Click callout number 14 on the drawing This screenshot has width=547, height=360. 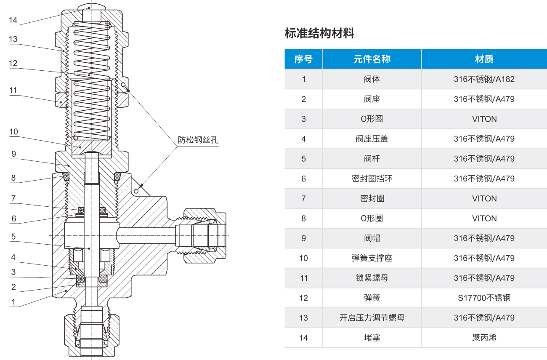13,20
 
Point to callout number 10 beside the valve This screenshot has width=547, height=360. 13,132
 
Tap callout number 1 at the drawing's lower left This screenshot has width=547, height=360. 13,302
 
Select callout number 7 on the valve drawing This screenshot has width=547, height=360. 13,198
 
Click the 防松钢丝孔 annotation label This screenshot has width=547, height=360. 198,140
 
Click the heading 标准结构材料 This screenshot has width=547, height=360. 319,33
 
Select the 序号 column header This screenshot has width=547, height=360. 303,59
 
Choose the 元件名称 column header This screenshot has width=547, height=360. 372,59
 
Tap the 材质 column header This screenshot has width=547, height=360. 484,59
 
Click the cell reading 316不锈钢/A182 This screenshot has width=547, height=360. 484,79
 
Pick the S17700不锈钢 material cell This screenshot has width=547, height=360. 484,298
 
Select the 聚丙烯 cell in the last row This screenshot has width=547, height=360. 484,338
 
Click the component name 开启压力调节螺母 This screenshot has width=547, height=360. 372,318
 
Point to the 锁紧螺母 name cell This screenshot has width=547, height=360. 372,278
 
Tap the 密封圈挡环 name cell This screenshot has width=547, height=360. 372,179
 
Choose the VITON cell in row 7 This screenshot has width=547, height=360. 484,198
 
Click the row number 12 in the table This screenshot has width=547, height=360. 303,298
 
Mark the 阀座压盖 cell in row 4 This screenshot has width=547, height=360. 372,139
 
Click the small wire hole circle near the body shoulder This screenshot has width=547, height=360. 136,191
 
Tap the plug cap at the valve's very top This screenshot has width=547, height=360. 92,7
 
